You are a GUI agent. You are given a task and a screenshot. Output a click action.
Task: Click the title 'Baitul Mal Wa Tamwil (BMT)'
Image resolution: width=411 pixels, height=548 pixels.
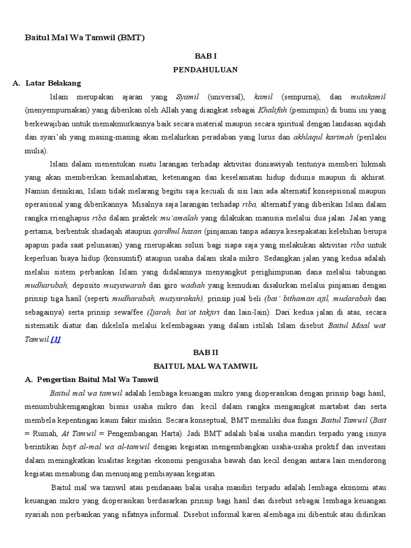(x=85, y=38)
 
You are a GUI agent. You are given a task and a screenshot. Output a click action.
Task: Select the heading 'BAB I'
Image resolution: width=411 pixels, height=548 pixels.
(x=205, y=56)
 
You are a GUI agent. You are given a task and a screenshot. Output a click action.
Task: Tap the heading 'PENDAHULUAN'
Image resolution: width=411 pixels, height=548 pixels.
(x=205, y=70)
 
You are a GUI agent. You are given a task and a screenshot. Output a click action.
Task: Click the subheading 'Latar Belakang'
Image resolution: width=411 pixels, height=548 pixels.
(x=54, y=83)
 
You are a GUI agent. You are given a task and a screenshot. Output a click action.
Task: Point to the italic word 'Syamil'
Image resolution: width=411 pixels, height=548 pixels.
(x=187, y=97)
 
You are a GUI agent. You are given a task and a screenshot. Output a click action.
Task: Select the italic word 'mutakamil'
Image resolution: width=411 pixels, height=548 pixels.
(x=368, y=97)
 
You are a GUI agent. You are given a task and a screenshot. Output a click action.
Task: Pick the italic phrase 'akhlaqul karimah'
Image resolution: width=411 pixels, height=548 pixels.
(x=323, y=137)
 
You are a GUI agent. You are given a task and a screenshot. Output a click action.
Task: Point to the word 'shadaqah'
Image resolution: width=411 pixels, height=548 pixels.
(x=98, y=232)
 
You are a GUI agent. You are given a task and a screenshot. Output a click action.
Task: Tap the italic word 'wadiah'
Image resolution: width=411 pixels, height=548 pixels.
(x=188, y=286)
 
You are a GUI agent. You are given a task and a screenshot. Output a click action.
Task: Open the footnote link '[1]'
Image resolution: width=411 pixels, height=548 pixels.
(x=56, y=339)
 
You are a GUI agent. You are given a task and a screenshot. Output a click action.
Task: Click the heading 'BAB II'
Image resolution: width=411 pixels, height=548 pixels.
(x=205, y=353)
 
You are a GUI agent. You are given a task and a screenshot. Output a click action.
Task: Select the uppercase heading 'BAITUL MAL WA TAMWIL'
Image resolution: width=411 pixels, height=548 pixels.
(x=205, y=366)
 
